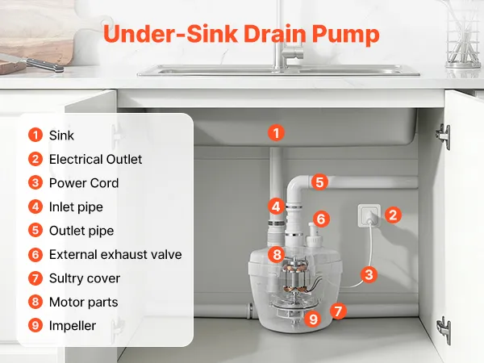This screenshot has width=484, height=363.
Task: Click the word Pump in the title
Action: coord(345,34)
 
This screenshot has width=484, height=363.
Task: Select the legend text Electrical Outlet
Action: coord(96,159)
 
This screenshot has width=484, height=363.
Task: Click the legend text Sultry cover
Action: coord(85,278)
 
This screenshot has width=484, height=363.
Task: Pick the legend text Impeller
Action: coord(73,326)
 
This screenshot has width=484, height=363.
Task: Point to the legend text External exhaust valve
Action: coord(115,254)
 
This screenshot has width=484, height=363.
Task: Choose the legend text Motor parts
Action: coord(83,302)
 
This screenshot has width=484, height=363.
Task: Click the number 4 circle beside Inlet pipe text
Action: coord(35,207)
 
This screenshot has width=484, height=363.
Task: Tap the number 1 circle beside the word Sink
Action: coord(35,136)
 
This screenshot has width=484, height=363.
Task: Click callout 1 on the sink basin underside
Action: coord(276,133)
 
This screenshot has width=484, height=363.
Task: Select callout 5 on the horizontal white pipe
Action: coord(319,181)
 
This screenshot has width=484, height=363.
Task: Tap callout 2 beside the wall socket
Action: coord(393,215)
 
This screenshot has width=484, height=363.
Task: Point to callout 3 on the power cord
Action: coord(369,274)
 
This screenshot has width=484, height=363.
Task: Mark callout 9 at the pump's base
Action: coord(313,319)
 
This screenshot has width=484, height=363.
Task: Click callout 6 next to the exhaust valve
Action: coord(321,219)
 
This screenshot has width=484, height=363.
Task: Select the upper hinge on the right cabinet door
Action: coord(444,136)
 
